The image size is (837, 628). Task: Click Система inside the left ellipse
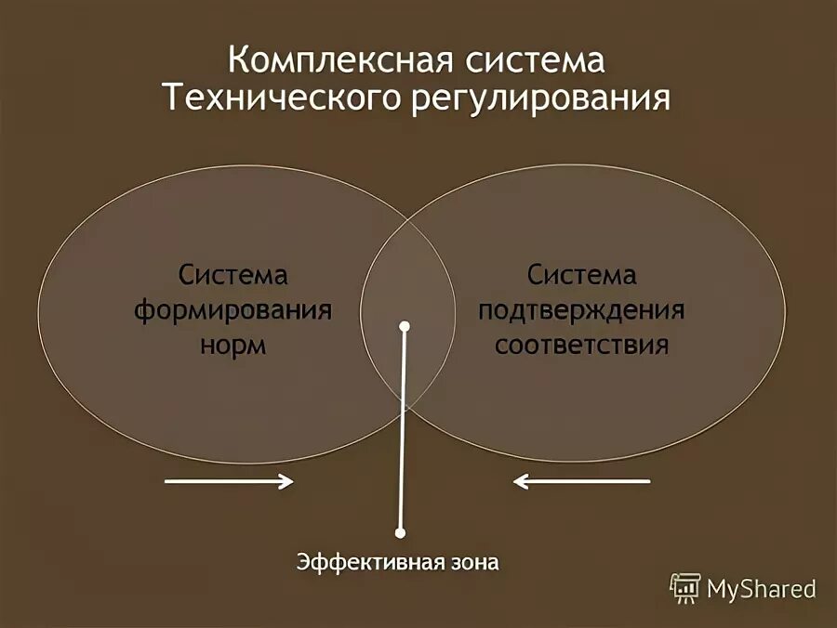233,276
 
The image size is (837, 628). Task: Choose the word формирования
233,310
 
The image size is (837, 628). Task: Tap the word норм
233,345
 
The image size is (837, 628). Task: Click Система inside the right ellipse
582,276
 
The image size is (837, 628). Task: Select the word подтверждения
582,310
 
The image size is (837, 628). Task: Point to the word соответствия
582,345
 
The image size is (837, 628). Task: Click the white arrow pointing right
230,481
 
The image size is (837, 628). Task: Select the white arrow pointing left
582,481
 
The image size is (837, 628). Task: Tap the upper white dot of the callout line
405,327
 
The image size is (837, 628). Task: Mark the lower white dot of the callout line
401,533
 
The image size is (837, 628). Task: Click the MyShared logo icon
685,587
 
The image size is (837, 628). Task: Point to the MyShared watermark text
761,589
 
